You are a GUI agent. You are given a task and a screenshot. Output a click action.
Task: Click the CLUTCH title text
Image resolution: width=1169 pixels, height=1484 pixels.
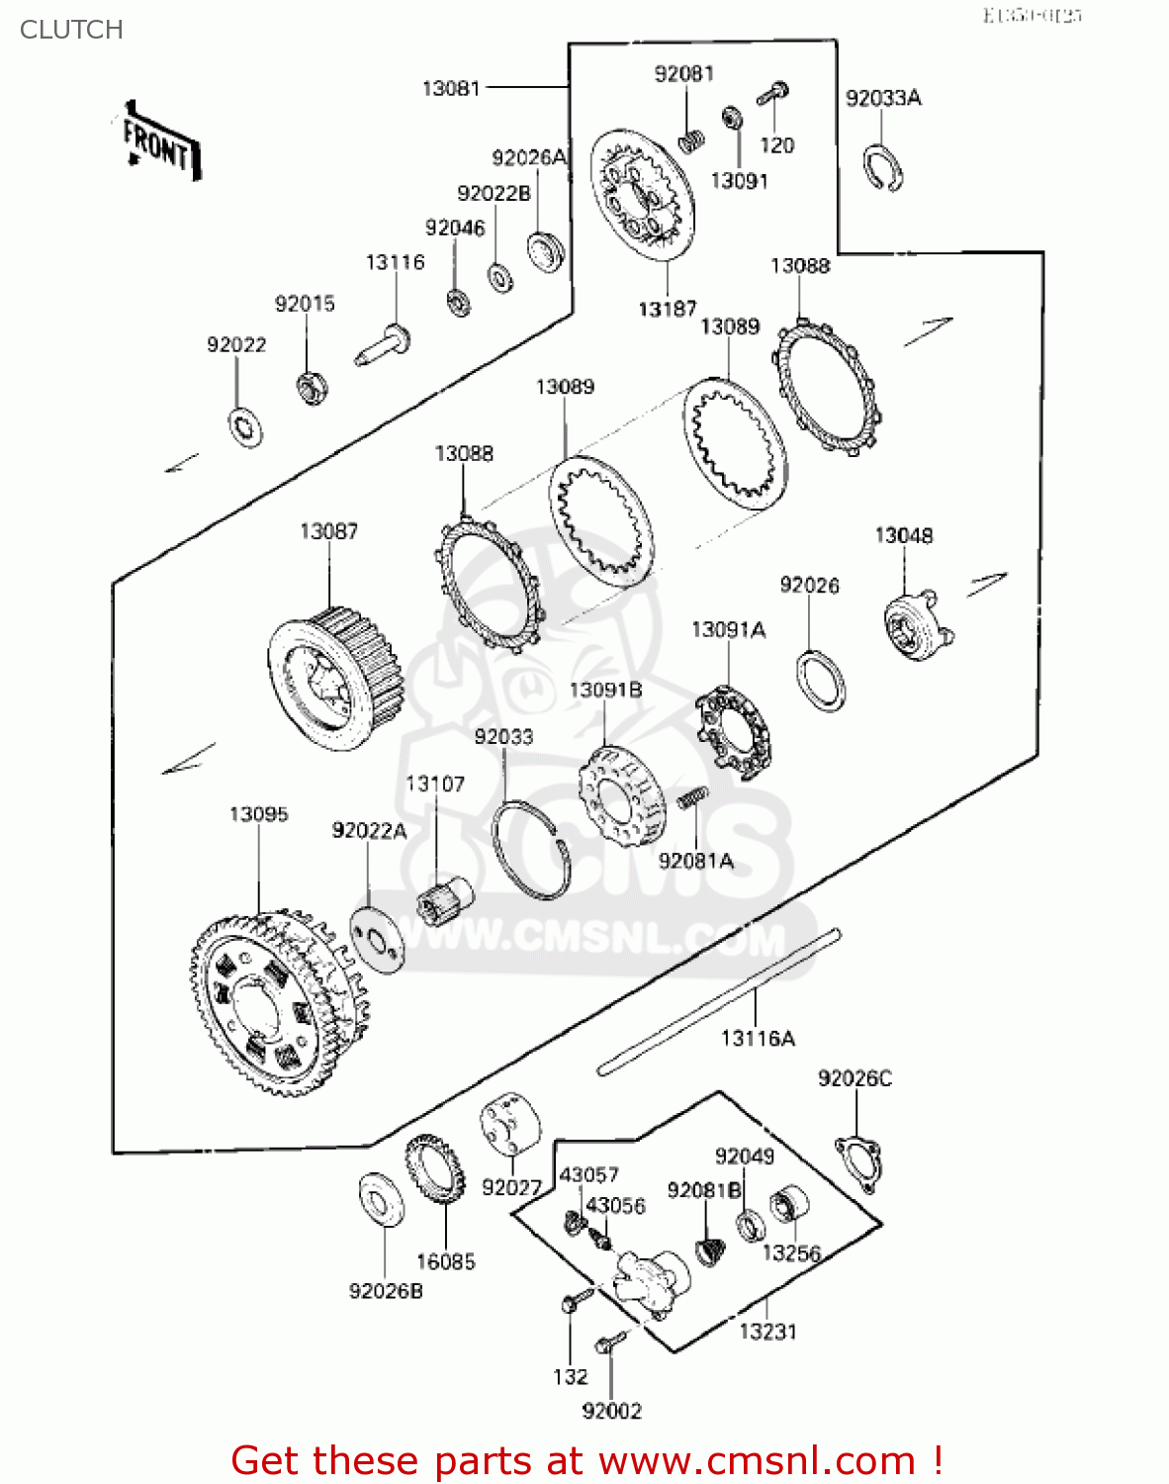71,30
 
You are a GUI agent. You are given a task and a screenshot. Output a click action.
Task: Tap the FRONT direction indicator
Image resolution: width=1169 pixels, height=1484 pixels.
159,143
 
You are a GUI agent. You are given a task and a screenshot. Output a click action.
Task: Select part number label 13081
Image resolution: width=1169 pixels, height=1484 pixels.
451,88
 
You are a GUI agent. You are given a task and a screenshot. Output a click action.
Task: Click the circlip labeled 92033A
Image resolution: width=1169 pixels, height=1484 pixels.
882,165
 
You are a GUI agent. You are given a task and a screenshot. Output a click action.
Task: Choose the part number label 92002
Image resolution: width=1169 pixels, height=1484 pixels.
612,1411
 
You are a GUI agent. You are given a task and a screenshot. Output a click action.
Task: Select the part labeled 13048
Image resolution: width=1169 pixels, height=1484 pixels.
916,625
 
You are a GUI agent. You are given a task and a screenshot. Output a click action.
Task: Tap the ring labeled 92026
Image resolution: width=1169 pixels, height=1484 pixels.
820,681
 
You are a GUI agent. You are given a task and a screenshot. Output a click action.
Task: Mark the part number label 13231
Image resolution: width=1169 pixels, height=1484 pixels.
767,1332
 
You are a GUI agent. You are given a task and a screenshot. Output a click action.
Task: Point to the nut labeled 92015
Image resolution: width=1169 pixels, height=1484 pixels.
314,387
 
